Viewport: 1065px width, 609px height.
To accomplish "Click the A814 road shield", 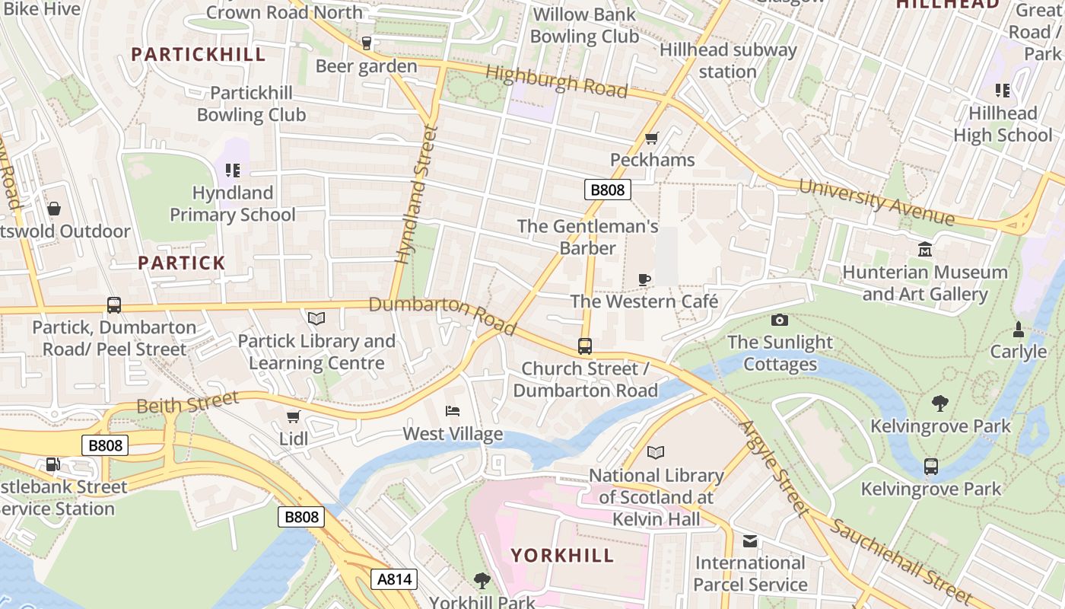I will click(396, 579).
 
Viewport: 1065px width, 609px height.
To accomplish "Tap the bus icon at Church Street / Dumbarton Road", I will click(585, 346).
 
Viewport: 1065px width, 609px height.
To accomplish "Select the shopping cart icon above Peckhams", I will click(651, 138).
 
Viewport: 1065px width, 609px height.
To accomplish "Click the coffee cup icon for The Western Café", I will click(644, 279).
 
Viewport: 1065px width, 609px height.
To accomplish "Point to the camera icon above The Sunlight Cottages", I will click(780, 320).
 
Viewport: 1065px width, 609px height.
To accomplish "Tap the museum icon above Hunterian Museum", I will click(925, 250).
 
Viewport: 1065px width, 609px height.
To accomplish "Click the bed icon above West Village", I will click(453, 411).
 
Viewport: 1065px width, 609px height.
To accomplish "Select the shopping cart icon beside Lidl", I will click(294, 416).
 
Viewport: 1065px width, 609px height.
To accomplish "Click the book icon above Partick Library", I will click(316, 318).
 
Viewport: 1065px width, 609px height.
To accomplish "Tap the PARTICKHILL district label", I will click(199, 55).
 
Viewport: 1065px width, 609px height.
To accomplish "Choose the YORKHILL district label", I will click(562, 555).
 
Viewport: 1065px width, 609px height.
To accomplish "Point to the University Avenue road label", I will click(876, 202).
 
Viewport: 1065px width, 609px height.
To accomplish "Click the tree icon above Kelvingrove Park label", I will click(940, 403).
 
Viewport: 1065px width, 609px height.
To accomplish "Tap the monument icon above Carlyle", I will click(1019, 330).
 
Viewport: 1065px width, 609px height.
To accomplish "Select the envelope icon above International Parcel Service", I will click(750, 541).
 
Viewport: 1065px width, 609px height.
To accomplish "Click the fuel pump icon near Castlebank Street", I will click(52, 464).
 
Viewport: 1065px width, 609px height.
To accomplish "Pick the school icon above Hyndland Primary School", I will click(233, 171).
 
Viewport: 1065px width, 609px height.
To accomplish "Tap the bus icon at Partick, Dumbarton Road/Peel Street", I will click(114, 305).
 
